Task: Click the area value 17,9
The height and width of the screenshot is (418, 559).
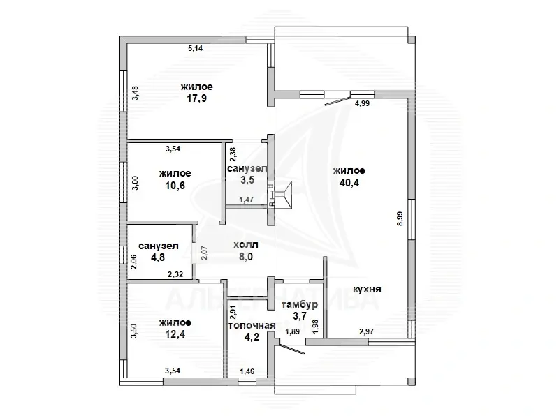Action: [x=196, y=99]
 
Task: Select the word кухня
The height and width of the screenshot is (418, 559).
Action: [x=367, y=289]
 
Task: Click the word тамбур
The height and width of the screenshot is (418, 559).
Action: [x=300, y=305]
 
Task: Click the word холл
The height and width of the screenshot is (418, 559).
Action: [x=246, y=245]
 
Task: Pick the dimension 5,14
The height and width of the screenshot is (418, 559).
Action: [x=196, y=49]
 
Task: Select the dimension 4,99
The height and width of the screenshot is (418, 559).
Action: [x=363, y=104]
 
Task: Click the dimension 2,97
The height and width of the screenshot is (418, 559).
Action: [x=368, y=331]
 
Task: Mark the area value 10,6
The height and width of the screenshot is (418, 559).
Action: [x=175, y=186]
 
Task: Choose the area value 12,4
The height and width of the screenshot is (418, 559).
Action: [x=175, y=334]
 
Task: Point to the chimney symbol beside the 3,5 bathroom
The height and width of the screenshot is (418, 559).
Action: [x=284, y=194]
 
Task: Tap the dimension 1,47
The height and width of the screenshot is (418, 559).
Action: [x=247, y=200]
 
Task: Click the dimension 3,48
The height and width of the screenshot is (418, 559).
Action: [x=135, y=92]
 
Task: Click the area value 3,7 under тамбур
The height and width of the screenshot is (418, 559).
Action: [x=300, y=318]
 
